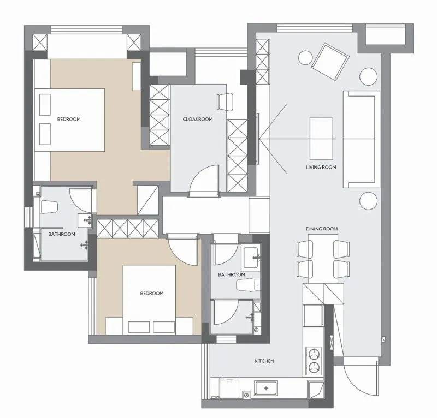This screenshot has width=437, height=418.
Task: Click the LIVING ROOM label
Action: click(321, 168)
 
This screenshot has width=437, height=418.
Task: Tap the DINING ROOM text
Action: click(322, 229)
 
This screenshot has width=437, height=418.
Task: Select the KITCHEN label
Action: click(264, 361)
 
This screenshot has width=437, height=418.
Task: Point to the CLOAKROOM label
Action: click(198, 119)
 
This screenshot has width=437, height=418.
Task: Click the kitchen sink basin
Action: click(266, 388)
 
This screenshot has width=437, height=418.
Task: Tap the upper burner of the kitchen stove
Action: click(314, 355)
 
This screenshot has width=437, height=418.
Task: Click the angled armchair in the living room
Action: click(330, 62)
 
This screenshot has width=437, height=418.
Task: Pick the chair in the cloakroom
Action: click(225, 102)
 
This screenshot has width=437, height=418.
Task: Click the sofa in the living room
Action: click(362, 139)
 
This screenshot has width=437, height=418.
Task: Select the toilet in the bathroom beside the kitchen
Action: click(247, 285)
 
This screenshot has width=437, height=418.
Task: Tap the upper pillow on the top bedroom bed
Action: click(45, 104)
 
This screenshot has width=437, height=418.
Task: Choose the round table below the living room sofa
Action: click(368, 201)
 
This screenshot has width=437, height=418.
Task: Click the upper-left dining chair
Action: click(305, 249)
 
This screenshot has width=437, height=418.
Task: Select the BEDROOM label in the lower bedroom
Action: click(152, 294)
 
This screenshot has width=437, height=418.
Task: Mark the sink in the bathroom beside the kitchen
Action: click(251, 258)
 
